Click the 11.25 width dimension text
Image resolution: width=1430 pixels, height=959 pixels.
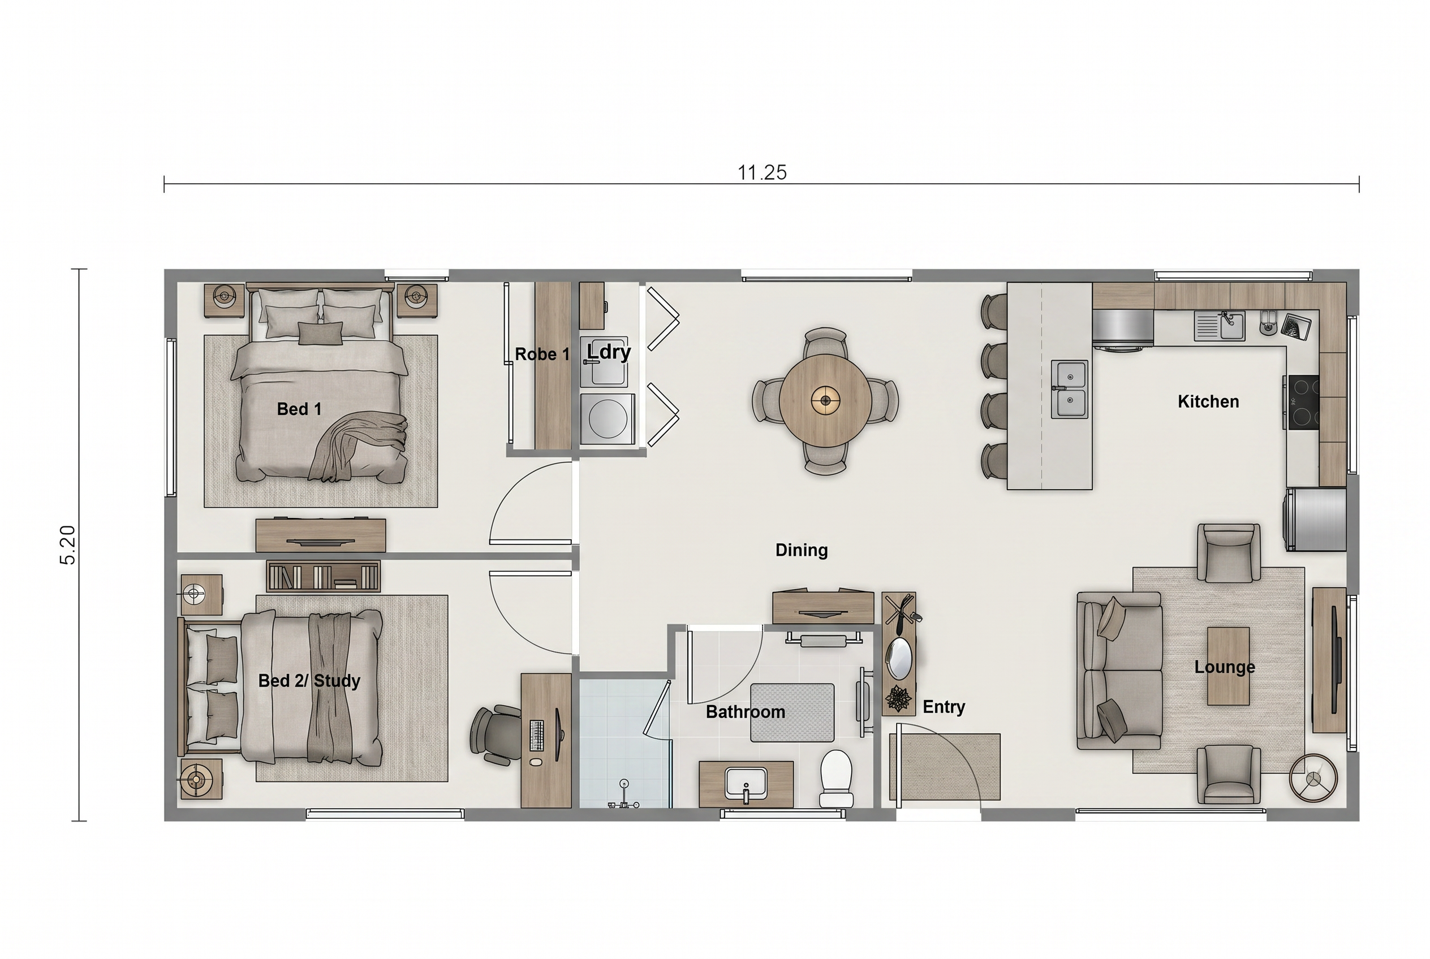(762, 172)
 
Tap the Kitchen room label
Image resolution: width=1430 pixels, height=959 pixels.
(1208, 401)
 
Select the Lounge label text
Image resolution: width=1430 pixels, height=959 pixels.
(1225, 667)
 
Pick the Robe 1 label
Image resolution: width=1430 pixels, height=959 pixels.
(542, 354)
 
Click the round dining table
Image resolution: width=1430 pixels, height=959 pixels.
(825, 400)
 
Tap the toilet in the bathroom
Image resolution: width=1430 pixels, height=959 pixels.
(836, 779)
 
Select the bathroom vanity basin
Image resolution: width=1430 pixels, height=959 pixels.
(746, 784)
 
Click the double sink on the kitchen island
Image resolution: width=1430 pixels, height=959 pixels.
(1070, 389)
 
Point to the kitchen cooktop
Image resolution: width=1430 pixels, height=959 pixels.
(1302, 402)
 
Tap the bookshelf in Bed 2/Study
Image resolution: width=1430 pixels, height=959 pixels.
(324, 576)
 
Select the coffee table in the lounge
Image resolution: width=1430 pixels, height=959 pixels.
(1228, 666)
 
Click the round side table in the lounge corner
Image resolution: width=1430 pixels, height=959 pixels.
(1313, 778)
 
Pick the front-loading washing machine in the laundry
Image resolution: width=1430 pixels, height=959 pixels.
(607, 418)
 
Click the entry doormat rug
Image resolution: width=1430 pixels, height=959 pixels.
(945, 767)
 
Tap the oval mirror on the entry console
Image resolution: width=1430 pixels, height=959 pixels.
(899, 658)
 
